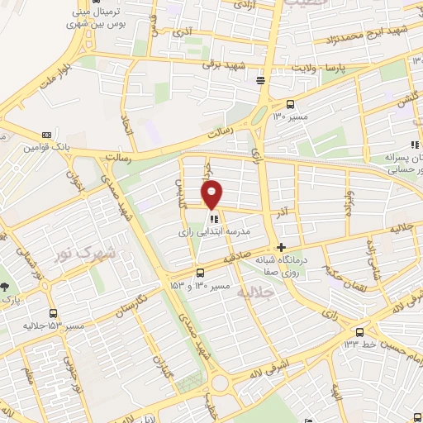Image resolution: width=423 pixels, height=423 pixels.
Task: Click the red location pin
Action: coord(212,194)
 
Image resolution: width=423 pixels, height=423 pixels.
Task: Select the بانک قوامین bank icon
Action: coord(47,135)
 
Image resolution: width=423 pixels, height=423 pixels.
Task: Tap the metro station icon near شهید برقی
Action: coord(261,80)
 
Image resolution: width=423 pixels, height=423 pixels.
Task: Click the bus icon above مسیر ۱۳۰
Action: coord(290,104)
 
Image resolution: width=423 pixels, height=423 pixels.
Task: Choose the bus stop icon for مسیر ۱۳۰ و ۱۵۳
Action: coord(200,273)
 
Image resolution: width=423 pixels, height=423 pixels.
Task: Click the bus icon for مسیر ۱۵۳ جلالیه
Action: coord(54,313)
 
